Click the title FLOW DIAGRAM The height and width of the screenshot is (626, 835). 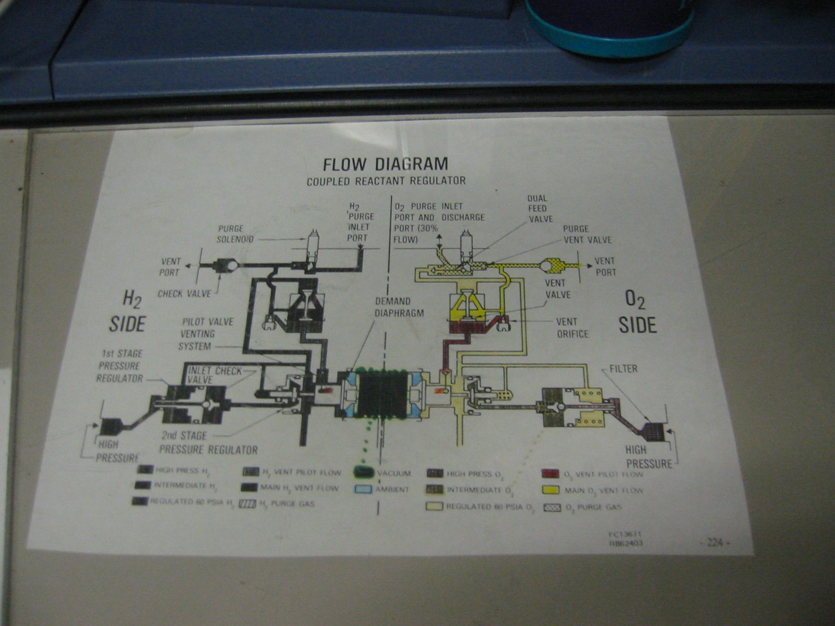coord(385,164)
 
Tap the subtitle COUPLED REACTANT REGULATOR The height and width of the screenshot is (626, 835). coord(386,182)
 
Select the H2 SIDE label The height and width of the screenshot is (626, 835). coord(127,312)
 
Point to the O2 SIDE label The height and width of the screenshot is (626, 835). coord(637,313)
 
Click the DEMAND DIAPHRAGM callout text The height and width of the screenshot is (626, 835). coord(399,307)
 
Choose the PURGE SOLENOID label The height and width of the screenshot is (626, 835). coord(235,234)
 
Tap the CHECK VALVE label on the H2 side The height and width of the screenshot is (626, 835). coord(185,294)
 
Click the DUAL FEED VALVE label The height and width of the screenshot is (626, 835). coord(538,208)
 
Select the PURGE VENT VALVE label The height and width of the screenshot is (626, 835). coord(587,234)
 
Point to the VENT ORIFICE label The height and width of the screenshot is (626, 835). coord(572,328)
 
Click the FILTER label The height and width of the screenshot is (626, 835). coord(623,369)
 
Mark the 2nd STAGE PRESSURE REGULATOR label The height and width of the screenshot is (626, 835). coord(208,442)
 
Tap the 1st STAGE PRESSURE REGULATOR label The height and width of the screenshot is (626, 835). coord(120,366)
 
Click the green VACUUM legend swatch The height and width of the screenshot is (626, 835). coord(364,473)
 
